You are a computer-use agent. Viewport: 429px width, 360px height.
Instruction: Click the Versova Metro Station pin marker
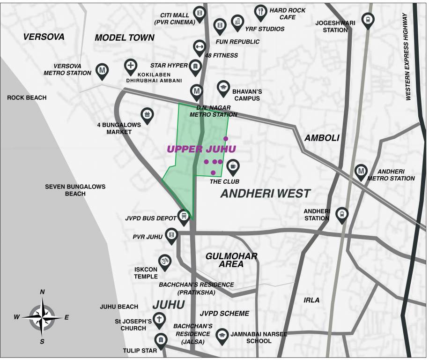pos(102,70)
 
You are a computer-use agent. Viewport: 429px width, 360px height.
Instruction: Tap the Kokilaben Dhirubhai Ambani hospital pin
pos(131,66)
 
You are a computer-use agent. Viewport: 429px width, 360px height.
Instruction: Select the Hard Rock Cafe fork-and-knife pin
pos(260,11)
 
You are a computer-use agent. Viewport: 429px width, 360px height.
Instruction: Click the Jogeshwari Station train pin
pos(368,20)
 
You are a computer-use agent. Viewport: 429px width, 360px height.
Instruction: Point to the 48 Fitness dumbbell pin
pos(199,46)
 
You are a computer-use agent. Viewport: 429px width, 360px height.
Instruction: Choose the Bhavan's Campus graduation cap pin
pos(223,87)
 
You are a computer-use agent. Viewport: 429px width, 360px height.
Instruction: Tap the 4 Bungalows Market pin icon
pos(147,114)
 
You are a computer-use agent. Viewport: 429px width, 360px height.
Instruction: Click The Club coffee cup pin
pos(233,165)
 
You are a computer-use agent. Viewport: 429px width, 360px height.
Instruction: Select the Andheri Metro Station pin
pos(361,171)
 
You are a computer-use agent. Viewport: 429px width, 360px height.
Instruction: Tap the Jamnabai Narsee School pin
pos(222,335)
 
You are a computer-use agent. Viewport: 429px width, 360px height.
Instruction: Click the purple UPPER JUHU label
pos(201,149)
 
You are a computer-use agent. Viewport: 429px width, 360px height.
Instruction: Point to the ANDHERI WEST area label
pos(265,193)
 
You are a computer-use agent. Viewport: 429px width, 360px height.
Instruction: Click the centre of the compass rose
pos(42,317)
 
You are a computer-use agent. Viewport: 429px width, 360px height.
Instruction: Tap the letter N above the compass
pos(42,292)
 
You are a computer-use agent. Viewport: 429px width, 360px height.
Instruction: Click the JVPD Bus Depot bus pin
pos(184,216)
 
